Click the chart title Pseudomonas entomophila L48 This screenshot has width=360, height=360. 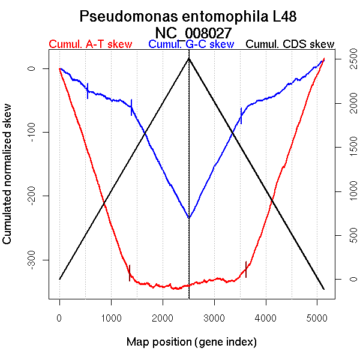(188, 16)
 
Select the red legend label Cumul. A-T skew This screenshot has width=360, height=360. (90, 44)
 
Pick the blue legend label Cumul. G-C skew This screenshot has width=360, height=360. (191, 44)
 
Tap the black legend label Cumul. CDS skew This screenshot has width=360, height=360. (290, 44)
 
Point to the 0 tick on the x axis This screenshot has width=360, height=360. (59, 317)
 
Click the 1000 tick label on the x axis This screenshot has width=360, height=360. (111, 317)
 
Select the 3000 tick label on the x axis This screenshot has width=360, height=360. (214, 317)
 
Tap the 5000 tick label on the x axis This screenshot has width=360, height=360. (317, 317)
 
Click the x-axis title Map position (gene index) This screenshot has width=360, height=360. (191, 342)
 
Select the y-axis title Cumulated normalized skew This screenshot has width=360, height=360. (8, 180)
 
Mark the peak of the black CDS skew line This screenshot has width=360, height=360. (189, 58)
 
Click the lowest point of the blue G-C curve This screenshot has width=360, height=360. (189, 218)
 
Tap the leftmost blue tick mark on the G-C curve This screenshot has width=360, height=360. (88, 91)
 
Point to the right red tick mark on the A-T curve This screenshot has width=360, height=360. (246, 270)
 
